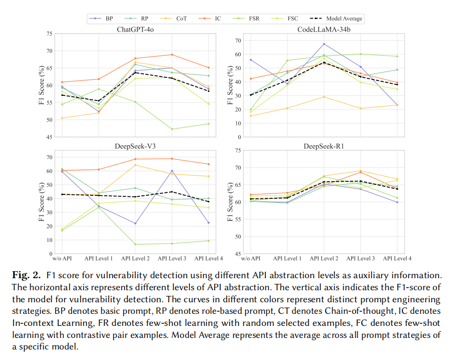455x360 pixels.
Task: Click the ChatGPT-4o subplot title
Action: point(135,30)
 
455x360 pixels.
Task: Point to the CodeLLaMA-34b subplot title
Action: point(323,30)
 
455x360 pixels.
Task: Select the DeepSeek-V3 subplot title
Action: point(135,146)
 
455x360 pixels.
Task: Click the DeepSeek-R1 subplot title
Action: point(323,146)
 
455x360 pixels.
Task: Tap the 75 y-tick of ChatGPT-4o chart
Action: point(49,34)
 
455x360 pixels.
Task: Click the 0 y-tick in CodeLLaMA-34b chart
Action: point(239,137)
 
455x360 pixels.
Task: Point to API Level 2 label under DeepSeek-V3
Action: point(135,259)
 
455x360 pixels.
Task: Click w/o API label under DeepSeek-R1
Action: point(250,259)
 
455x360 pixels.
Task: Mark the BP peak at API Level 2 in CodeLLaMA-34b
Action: point(324,44)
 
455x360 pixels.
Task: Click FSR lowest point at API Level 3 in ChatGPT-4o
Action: point(172,129)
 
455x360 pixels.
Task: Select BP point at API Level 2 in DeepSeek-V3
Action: point(135,223)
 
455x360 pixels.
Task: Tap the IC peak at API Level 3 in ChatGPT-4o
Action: point(172,55)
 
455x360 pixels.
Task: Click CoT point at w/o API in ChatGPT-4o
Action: point(62,118)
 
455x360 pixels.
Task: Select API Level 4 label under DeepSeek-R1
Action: point(397,259)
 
